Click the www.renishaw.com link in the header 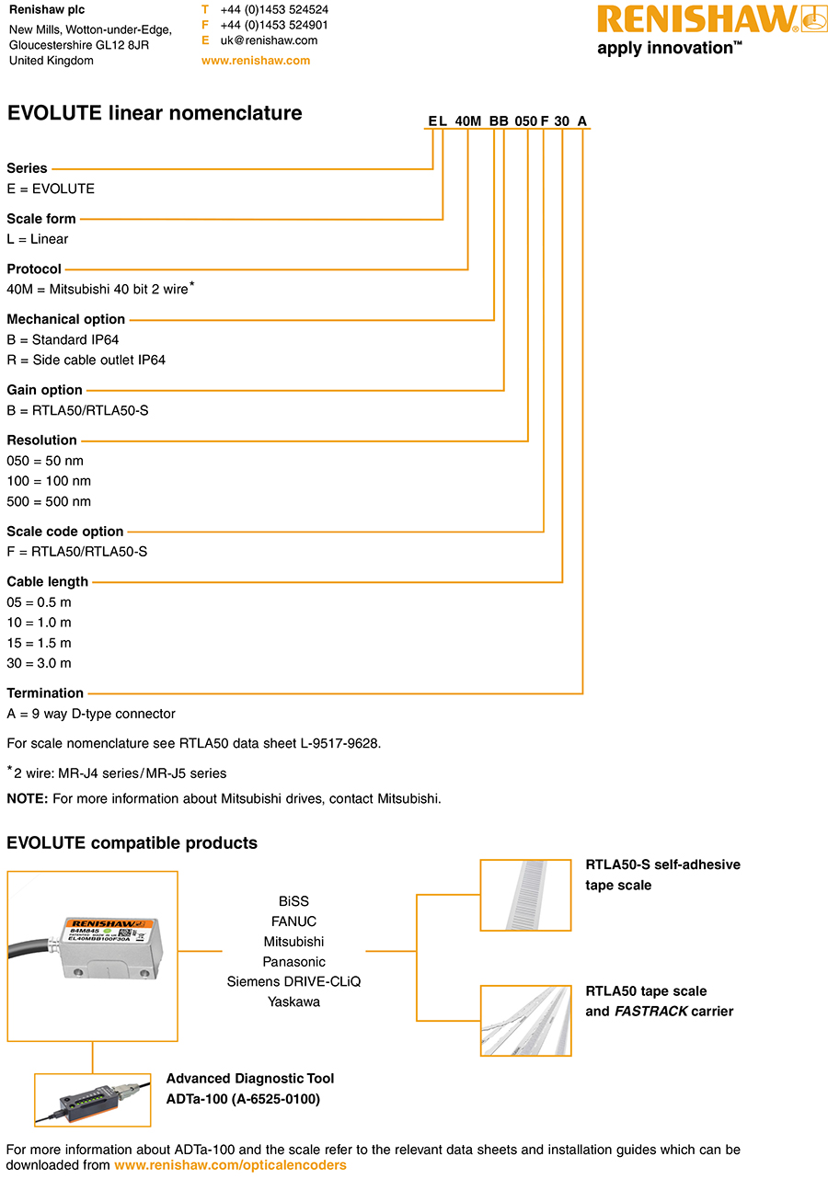[x=256, y=61]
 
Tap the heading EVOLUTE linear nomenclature [x=155, y=113]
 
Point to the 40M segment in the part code [x=468, y=121]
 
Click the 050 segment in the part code [x=525, y=121]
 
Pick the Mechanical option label [x=66, y=319]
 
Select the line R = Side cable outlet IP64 [x=86, y=360]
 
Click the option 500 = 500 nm [x=49, y=501]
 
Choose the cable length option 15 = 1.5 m [x=39, y=643]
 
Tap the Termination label [x=45, y=693]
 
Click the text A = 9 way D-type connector [x=91, y=714]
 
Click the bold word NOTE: [x=28, y=798]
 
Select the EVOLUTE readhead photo [x=92, y=956]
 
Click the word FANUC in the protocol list [x=293, y=921]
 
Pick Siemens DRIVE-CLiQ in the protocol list [x=293, y=981]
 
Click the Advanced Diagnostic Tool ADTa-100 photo [x=92, y=1100]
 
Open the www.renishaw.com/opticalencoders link [x=230, y=1165]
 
